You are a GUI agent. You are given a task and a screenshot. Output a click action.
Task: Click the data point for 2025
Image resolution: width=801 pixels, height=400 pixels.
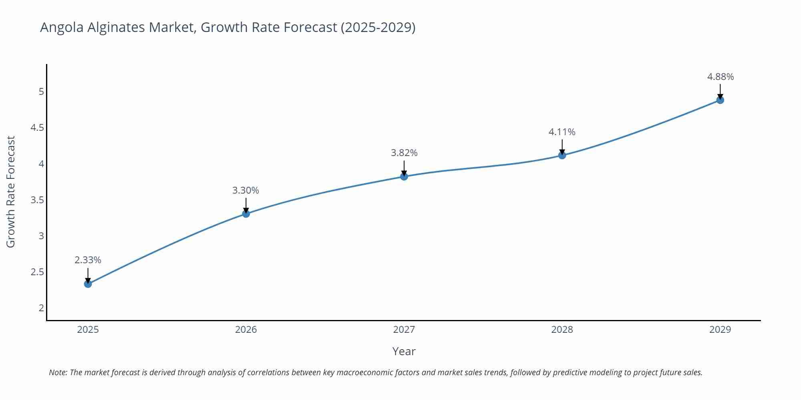point(88,284)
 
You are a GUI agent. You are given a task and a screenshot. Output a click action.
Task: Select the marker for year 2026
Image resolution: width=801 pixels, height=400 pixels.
point(246,214)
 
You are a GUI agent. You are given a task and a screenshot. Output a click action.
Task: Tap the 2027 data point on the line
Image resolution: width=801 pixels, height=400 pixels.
point(404,176)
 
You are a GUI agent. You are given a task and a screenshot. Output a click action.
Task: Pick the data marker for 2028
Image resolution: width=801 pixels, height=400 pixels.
point(562,155)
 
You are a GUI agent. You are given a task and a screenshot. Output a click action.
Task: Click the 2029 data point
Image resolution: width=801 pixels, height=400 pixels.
point(720,100)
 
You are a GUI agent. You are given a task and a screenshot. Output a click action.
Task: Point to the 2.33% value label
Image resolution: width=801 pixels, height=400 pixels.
point(88,260)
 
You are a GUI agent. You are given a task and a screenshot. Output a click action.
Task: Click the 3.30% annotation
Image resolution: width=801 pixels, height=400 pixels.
point(246,190)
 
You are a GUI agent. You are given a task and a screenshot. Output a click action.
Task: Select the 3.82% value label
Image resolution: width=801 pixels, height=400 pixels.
point(404,153)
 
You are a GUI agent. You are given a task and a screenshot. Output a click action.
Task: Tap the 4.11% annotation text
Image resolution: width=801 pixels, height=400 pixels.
point(562,132)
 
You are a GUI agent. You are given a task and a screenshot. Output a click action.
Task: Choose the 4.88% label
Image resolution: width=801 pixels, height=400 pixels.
point(720,77)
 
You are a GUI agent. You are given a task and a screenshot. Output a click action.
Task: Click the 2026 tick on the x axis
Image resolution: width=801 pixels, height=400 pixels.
point(246,330)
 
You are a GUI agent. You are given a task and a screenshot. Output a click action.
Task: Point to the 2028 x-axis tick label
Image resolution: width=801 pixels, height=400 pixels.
point(562,330)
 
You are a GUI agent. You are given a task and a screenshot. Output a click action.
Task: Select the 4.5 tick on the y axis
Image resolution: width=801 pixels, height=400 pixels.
point(37,128)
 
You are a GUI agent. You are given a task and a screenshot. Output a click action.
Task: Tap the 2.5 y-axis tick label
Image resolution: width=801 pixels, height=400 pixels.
point(37,272)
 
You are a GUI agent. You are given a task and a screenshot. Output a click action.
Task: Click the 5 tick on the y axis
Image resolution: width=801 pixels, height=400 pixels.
point(41,92)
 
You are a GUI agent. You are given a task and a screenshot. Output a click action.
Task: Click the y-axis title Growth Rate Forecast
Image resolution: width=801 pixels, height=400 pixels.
point(11,192)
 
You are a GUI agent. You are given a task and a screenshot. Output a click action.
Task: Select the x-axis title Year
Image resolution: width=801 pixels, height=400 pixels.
point(404,351)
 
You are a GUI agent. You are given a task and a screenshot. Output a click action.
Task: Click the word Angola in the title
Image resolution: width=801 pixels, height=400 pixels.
point(62,28)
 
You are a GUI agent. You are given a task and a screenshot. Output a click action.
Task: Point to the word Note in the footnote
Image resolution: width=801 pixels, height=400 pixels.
point(58,372)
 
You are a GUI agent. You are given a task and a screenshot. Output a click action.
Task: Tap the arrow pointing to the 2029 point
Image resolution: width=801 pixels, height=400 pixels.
point(720,92)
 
